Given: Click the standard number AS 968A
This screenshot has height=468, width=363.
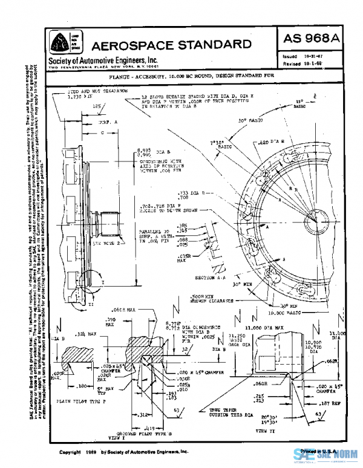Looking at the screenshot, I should [x=310, y=39].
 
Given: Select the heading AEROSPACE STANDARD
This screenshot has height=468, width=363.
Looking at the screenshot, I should [x=171, y=44].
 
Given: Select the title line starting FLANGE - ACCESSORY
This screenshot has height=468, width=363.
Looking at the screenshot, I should [x=195, y=77].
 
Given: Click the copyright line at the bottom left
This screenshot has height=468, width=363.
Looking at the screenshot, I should [x=124, y=452].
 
